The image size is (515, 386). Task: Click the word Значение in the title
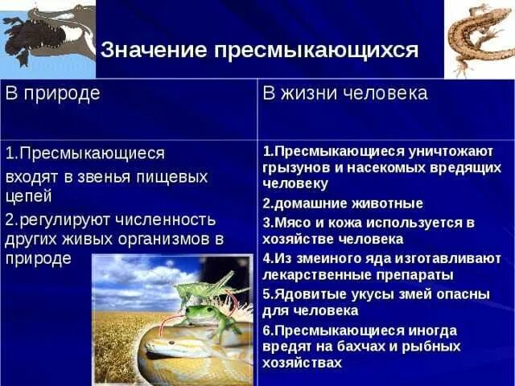152,50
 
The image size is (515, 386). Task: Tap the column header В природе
53,92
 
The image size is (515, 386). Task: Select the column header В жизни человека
345,92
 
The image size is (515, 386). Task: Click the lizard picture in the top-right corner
480,36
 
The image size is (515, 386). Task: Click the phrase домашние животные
343,203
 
